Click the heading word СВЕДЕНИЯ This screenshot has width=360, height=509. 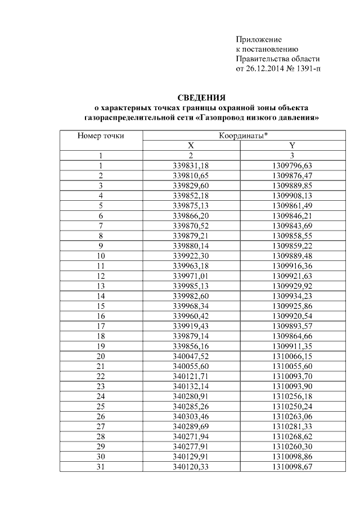coord(201,97)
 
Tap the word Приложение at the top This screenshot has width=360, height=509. coord(258,39)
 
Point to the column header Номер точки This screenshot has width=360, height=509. coord(101,136)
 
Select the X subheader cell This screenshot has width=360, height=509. coord(191,146)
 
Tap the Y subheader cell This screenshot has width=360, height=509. coord(292,146)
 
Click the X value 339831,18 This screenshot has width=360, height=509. coord(191,165)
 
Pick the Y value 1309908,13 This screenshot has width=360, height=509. coord(292,195)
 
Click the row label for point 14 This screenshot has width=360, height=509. coord(101,295)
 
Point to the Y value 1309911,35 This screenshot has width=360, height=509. coord(292,345)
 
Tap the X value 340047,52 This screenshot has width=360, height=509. coord(191,355)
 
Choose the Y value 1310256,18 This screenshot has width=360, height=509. coord(292,395)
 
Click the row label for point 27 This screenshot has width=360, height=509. coord(101,425)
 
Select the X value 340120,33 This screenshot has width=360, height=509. coord(191,466)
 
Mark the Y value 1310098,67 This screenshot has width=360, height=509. coord(292,466)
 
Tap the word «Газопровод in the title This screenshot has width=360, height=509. coord(222,118)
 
